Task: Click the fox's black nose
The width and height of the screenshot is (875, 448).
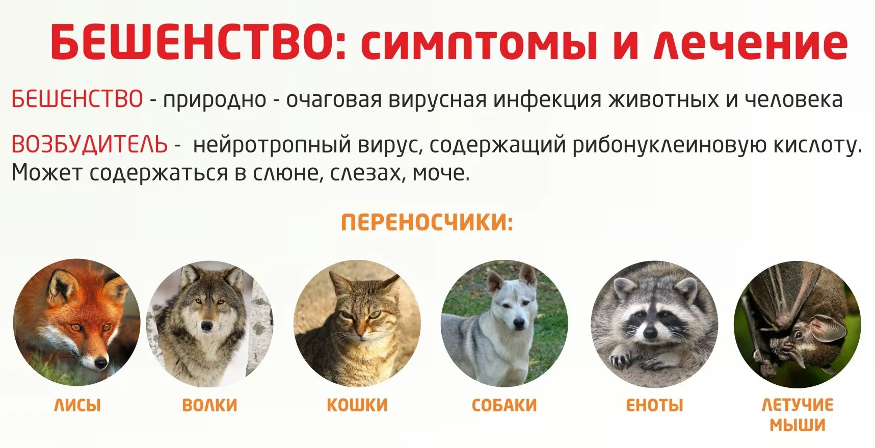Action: (101, 363)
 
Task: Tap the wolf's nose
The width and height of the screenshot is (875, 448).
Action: (207, 325)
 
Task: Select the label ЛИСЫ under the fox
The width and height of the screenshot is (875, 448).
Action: (77, 405)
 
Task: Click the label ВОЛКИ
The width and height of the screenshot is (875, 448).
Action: (209, 405)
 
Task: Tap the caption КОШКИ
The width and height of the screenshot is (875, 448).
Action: (357, 405)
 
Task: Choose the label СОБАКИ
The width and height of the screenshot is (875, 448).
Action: (504, 405)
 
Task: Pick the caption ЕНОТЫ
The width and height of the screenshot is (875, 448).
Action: (654, 405)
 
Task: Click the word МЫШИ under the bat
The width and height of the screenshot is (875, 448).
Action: (797, 425)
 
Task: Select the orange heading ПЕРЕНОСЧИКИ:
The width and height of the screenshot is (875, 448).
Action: (427, 223)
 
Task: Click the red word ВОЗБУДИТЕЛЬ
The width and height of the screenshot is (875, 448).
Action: (89, 145)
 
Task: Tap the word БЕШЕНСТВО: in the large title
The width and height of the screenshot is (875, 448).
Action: (200, 42)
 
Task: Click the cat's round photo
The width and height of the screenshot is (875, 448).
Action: (357, 323)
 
